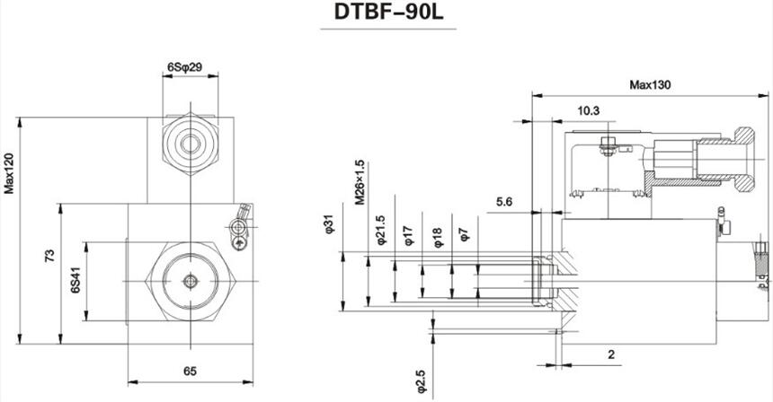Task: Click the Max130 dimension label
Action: tap(650, 85)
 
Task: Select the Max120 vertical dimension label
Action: tap(10, 173)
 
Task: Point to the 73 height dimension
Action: tap(50, 257)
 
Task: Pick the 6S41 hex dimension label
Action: tap(76, 283)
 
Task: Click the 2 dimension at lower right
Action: tap(610, 355)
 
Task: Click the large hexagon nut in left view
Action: tap(190, 282)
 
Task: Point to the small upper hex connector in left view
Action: tap(191, 142)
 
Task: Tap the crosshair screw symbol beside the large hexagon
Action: tap(238, 242)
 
